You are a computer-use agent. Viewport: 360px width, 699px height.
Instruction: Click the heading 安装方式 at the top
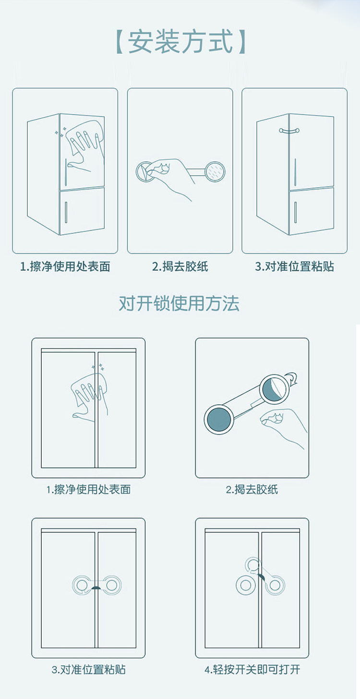[x=180, y=41]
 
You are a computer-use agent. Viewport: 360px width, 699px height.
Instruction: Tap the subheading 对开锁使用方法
[x=179, y=303]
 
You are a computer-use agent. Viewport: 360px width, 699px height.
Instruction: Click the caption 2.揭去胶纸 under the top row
[x=180, y=266]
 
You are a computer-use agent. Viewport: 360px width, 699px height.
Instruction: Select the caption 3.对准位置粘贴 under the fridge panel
[x=295, y=266]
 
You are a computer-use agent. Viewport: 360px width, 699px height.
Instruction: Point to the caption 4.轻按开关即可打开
[x=252, y=669]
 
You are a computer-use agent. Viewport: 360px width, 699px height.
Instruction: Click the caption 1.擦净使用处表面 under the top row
[x=65, y=266]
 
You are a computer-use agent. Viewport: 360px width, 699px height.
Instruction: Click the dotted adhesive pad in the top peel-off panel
[x=215, y=171]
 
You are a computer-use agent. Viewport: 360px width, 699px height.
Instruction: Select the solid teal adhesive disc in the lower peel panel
[x=219, y=420]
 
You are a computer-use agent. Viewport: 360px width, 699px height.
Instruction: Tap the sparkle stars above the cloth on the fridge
[x=60, y=133]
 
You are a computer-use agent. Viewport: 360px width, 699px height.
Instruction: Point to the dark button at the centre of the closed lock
[x=96, y=588]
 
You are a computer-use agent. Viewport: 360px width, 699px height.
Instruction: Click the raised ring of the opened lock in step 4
[x=252, y=565]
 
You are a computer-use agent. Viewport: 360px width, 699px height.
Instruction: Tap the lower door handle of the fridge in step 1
[x=66, y=212]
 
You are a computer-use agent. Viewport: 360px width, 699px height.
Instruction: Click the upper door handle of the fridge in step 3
[x=295, y=172]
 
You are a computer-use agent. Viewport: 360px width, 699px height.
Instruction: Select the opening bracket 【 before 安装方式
[x=120, y=41]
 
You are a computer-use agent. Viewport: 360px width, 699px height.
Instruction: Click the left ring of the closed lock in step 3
[x=82, y=585]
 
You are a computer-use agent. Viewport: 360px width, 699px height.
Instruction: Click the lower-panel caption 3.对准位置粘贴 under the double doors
[x=89, y=669]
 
